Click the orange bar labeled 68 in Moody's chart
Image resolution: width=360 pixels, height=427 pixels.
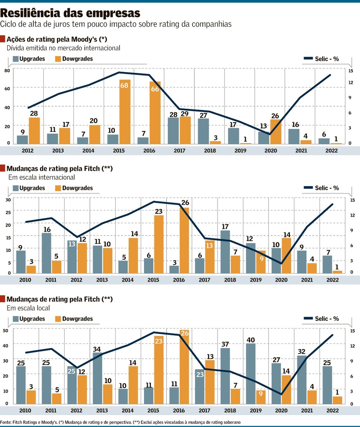[x=125, y=112]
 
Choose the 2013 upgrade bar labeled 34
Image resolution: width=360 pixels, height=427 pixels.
[x=98, y=378]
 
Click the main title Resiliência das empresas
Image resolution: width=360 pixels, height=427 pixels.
[x=70, y=13]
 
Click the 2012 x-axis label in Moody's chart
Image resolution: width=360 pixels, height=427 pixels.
[x=28, y=150]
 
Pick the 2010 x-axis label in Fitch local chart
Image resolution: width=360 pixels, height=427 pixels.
[x=25, y=411]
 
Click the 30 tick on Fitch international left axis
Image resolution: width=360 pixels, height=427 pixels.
[x=7, y=199]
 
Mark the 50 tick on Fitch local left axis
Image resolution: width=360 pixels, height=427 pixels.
[x=6, y=330]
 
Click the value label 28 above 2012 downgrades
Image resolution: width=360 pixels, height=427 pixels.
[x=34, y=113]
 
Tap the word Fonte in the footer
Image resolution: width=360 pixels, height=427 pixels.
[x=6, y=422]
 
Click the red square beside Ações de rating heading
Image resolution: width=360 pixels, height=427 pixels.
[x=3, y=39]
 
